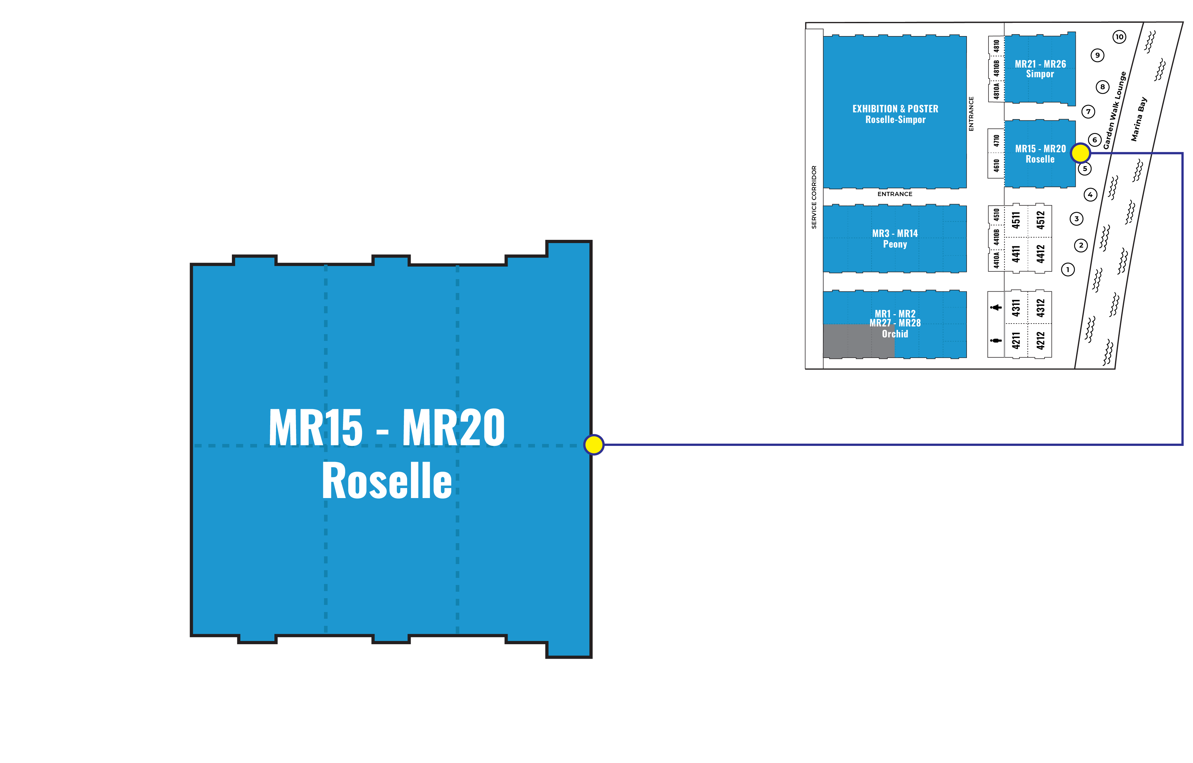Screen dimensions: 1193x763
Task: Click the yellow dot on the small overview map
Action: click(1081, 153)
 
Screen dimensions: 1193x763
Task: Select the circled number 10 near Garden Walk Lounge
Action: click(1119, 37)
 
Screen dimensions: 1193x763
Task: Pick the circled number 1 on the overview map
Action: click(1068, 269)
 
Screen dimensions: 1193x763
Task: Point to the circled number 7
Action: click(1088, 111)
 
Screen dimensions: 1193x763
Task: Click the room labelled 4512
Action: click(1040, 220)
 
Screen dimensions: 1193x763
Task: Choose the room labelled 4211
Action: click(1016, 340)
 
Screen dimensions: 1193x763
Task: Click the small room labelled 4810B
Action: click(996, 68)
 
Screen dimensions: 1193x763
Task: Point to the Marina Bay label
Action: click(1139, 119)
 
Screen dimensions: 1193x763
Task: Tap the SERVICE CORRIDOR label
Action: click(814, 197)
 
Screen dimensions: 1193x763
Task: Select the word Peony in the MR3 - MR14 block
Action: click(895, 244)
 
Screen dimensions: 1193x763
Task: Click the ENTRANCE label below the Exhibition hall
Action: click(895, 194)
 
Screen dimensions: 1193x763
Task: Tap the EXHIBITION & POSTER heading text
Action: click(895, 108)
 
